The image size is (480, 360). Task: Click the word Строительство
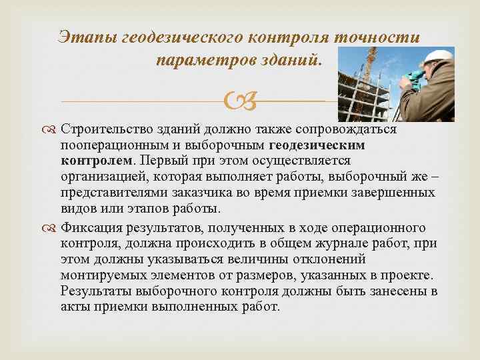click(112, 129)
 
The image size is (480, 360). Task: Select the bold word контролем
click(97, 161)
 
